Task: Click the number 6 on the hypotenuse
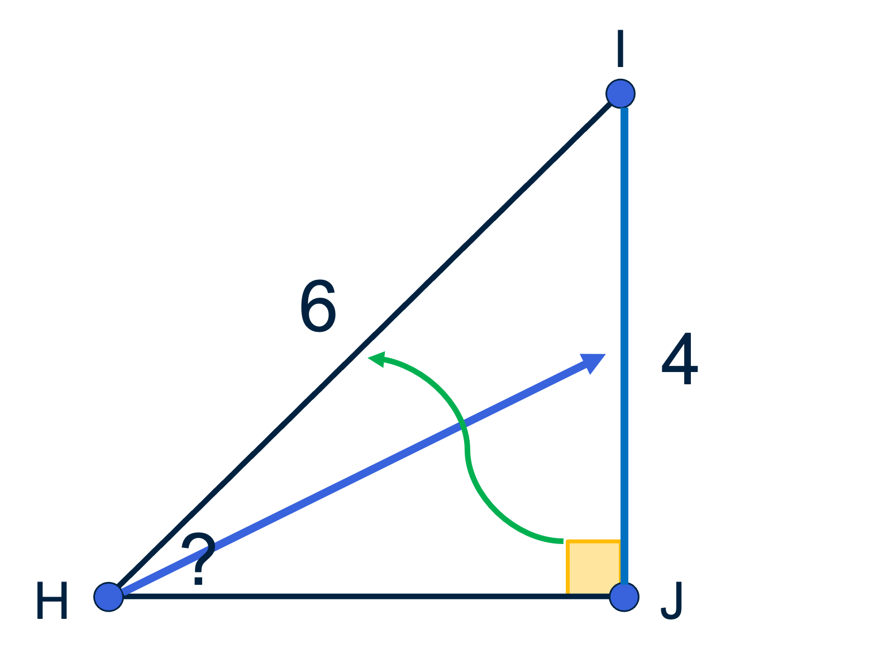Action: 318,306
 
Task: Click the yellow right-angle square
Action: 594,568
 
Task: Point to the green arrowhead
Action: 376,359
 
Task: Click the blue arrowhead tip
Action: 605,354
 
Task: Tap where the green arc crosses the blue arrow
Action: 465,425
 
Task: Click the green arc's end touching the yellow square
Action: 563,541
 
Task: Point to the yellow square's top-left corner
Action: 567,541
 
